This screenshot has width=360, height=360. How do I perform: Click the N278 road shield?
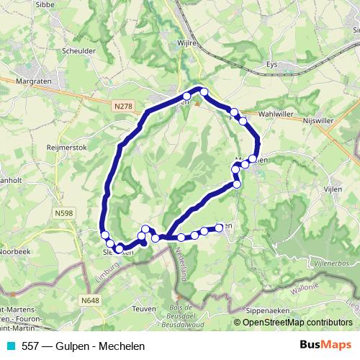[122, 106]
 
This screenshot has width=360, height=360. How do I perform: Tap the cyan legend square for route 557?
[11, 346]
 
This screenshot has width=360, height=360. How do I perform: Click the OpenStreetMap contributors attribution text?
[297, 323]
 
